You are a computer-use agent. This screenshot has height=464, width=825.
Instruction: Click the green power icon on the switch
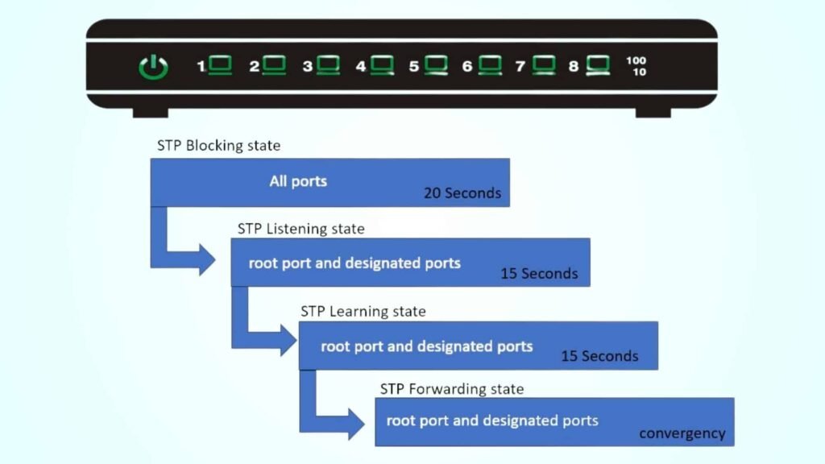(x=153, y=67)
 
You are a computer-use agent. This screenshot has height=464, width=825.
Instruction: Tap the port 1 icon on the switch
(x=220, y=65)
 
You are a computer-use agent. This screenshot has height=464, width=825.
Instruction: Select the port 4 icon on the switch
(x=381, y=65)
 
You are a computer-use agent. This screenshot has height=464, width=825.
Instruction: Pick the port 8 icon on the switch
(x=597, y=65)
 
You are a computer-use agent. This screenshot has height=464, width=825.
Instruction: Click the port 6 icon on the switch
(x=489, y=65)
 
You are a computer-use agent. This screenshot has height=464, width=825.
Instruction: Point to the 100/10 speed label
(x=636, y=66)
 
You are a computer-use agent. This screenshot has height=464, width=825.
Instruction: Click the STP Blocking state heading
(x=218, y=146)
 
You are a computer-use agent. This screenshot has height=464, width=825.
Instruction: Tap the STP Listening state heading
(x=301, y=229)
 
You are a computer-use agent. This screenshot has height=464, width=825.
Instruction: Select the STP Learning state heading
(x=363, y=311)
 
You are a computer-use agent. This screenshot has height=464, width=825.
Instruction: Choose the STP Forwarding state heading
(x=452, y=389)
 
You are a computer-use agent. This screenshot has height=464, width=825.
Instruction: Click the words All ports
(x=298, y=181)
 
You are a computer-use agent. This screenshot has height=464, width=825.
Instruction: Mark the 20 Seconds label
(x=462, y=193)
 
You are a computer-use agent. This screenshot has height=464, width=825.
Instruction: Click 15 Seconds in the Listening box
(x=539, y=274)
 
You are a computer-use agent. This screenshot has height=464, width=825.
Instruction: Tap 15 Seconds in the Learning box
(x=599, y=356)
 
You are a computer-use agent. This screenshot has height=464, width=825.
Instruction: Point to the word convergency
(x=682, y=433)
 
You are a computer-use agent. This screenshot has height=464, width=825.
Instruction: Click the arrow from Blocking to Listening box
(x=193, y=260)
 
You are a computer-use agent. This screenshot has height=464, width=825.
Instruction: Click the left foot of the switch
(x=150, y=113)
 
